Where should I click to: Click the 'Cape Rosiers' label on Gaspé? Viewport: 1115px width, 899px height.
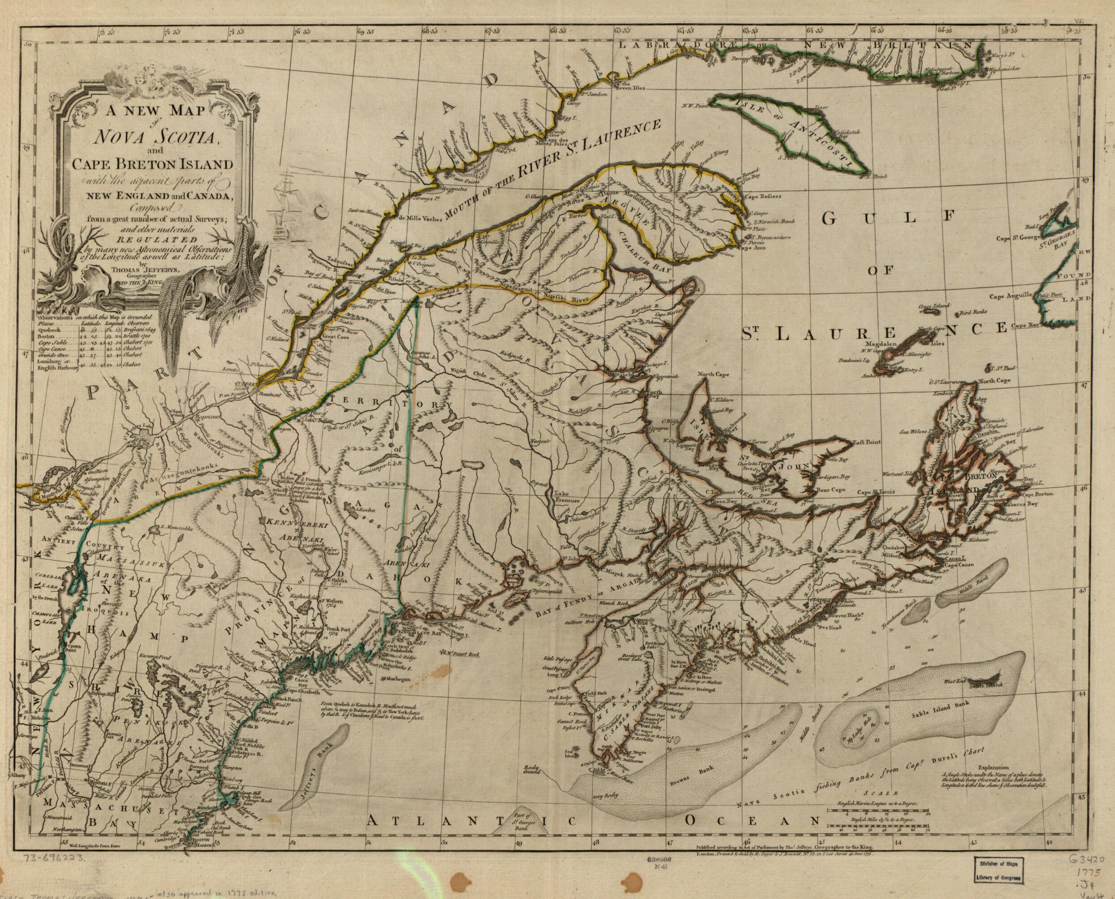pos(763,197)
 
